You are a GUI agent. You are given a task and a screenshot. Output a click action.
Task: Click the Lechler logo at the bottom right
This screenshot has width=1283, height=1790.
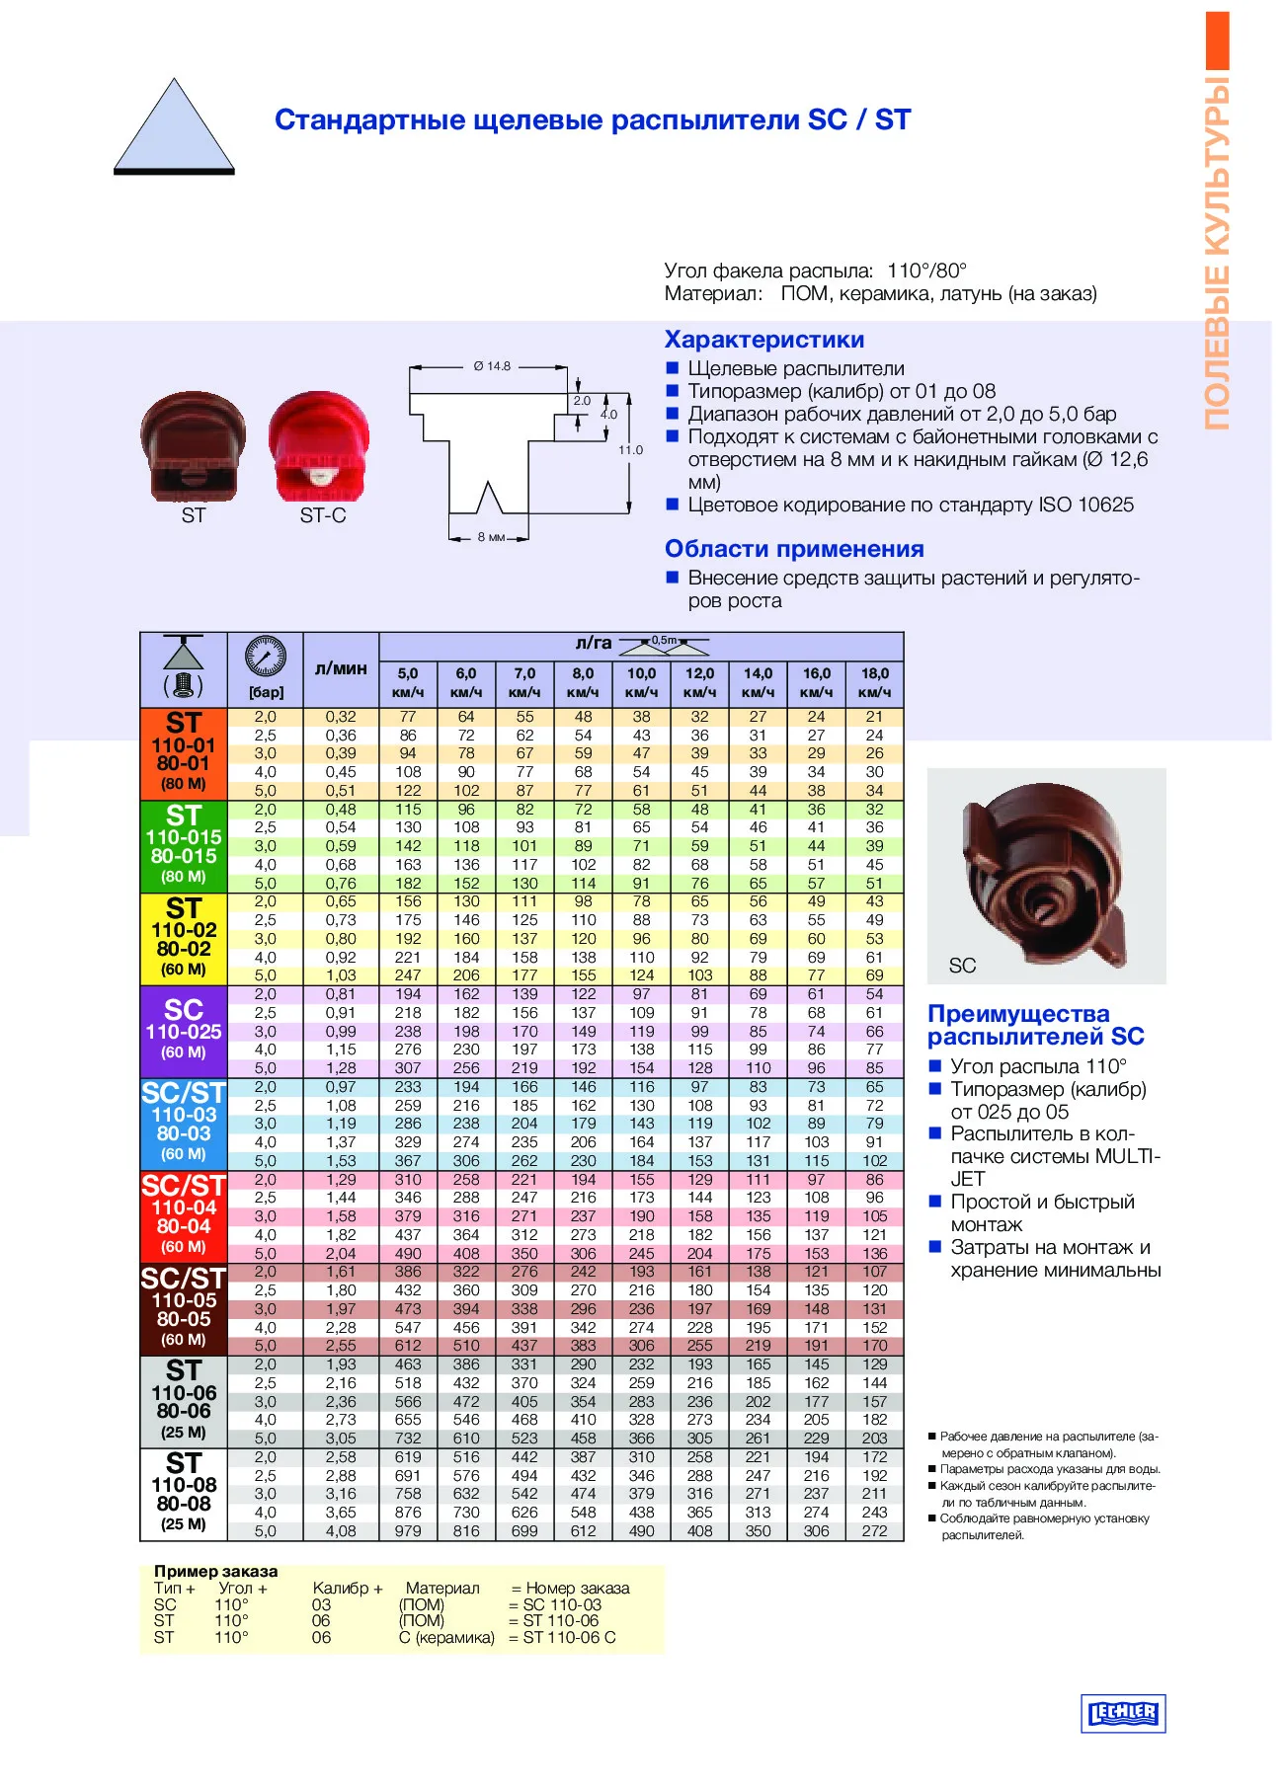tap(1123, 1713)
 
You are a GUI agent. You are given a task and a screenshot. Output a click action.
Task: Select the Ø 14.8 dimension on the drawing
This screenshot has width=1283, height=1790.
tap(492, 366)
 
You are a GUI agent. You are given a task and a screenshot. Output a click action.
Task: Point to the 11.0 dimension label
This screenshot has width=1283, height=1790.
tap(630, 450)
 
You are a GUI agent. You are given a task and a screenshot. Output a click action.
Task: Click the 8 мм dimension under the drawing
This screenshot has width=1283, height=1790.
tap(491, 537)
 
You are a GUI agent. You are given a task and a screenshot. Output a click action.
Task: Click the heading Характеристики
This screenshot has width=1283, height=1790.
tap(763, 340)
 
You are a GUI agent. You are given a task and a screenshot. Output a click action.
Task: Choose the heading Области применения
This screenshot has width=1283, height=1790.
tap(794, 549)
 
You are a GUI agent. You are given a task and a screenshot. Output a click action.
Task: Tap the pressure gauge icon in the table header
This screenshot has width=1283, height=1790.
tap(266, 657)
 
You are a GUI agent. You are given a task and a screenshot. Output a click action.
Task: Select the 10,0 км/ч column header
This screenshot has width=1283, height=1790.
tap(641, 681)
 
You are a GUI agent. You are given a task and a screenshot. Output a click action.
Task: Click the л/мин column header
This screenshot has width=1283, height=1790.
tap(341, 668)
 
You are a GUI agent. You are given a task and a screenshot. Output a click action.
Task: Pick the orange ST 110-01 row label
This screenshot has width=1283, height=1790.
tap(184, 753)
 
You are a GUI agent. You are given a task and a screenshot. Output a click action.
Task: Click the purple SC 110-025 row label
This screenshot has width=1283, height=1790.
tap(184, 1031)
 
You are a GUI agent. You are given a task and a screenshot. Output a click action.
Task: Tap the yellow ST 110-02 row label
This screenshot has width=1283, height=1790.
tap(184, 938)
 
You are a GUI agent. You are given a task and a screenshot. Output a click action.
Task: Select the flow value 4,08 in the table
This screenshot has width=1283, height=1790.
tap(341, 1530)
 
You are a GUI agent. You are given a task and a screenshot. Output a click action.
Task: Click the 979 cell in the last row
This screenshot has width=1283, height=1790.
tap(408, 1530)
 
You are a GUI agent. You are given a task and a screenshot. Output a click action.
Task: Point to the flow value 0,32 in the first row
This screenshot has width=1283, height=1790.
tap(341, 717)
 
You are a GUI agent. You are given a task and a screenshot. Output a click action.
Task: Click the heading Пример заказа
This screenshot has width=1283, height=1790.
tap(215, 1571)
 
